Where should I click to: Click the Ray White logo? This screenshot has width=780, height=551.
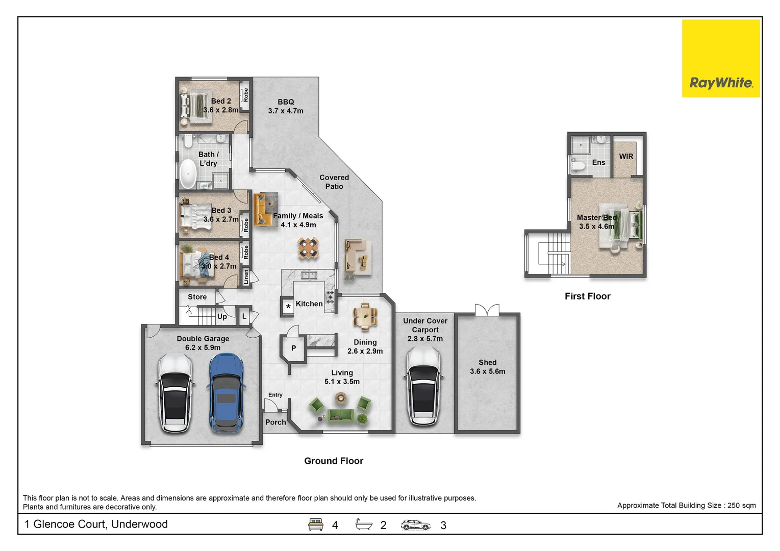click(x=721, y=58)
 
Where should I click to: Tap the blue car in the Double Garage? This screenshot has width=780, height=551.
click(x=227, y=393)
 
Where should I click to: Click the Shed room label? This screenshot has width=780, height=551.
click(x=488, y=367)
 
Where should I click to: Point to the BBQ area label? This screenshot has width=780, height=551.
click(x=286, y=106)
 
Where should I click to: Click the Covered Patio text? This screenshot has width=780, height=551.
click(x=334, y=182)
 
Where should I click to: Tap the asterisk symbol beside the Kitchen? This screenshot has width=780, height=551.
click(x=288, y=307)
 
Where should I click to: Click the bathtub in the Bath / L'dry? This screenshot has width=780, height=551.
click(x=188, y=173)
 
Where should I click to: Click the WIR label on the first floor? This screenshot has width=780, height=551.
click(x=626, y=157)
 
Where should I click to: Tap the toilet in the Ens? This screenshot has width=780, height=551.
click(x=578, y=165)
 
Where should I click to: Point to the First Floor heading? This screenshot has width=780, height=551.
click(x=588, y=296)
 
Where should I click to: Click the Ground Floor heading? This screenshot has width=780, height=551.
click(x=334, y=461)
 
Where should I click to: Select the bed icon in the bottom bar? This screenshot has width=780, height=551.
click(x=315, y=524)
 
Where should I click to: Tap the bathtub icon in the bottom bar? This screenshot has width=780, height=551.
click(x=364, y=524)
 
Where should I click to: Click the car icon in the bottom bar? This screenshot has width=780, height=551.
click(x=415, y=525)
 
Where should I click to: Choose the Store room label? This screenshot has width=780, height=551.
click(x=197, y=297)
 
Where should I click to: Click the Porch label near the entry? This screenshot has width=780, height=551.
click(x=275, y=422)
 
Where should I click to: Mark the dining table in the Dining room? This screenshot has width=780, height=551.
click(x=365, y=316)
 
